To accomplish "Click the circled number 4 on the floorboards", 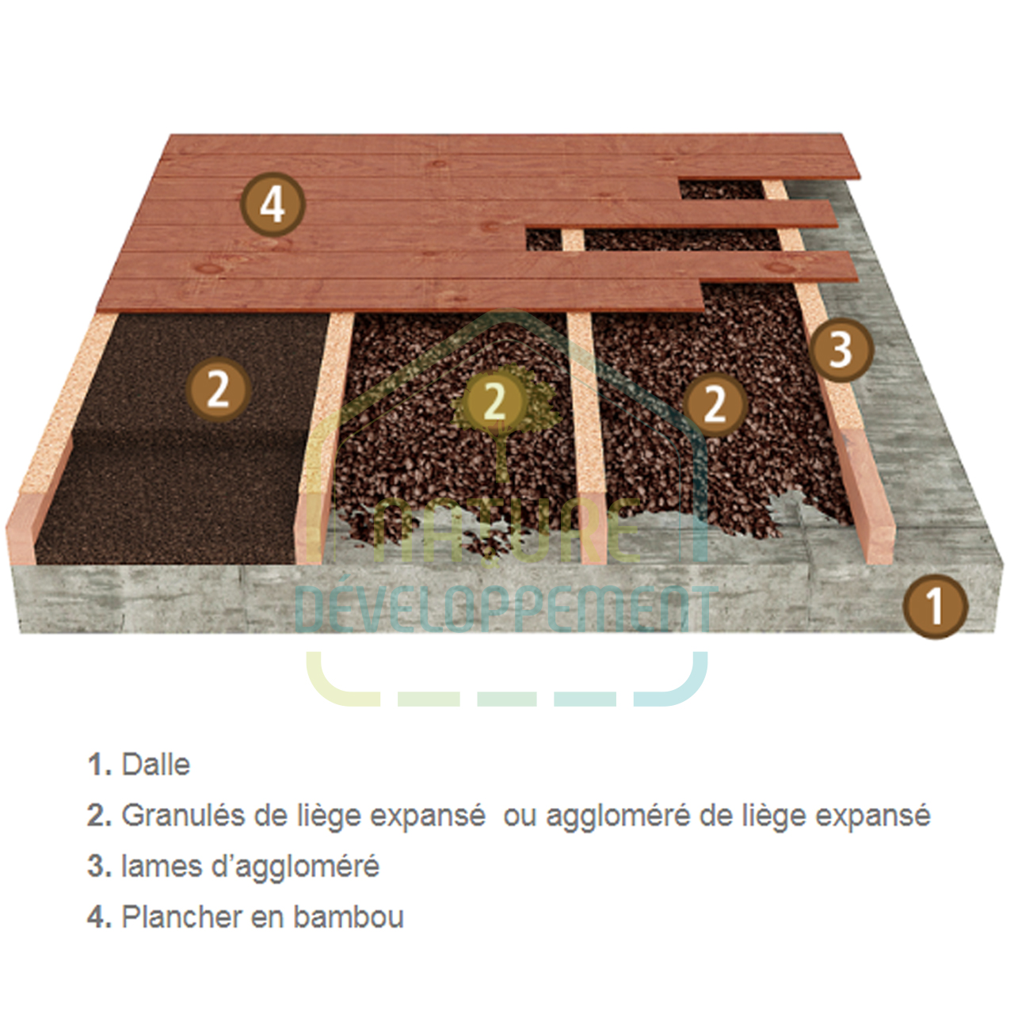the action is (273, 204).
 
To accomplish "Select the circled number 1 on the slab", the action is (935, 607).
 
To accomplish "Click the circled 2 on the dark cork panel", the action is (219, 390).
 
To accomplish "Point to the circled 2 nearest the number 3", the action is (715, 404).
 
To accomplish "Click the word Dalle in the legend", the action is (156, 764).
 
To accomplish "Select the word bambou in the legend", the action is (349, 917).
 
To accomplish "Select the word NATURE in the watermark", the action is (506, 532).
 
